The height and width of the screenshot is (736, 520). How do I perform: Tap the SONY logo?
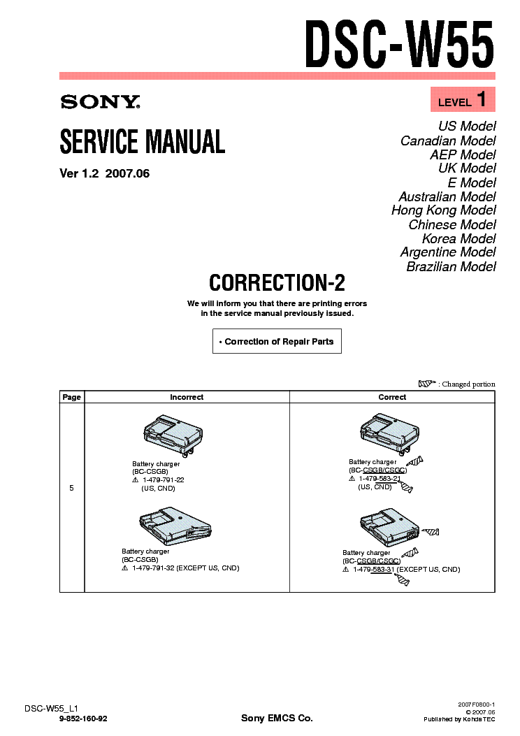[x=100, y=102]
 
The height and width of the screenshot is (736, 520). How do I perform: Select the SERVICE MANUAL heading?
[x=143, y=142]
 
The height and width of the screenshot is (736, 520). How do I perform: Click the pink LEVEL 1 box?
[x=462, y=100]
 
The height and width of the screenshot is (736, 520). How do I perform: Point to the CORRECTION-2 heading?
[x=277, y=282]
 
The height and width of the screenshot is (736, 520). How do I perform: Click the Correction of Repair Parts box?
[x=277, y=342]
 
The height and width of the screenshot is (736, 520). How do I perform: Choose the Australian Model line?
[x=447, y=196]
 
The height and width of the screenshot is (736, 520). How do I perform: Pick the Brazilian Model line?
[x=452, y=266]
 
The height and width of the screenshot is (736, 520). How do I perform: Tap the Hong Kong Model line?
[x=444, y=210]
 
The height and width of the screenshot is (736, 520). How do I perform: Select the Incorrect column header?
[x=187, y=397]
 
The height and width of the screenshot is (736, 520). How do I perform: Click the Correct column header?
[x=392, y=397]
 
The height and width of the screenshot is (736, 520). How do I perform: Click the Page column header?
[x=72, y=397]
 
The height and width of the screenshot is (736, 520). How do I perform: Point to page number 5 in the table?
[x=72, y=488]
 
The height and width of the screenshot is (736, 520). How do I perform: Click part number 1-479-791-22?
[x=163, y=480]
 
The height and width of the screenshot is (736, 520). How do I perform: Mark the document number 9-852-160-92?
[x=84, y=719]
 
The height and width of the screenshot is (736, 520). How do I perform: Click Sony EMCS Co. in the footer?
[x=277, y=719]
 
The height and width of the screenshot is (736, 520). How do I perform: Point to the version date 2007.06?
[x=127, y=174]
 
